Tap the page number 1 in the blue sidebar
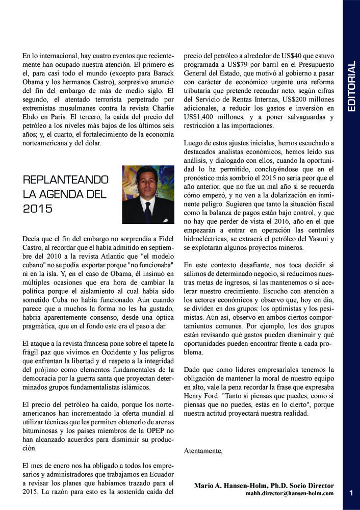(x=351, y=492)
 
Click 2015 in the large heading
(x=38, y=208)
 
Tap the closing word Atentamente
(x=203, y=451)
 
